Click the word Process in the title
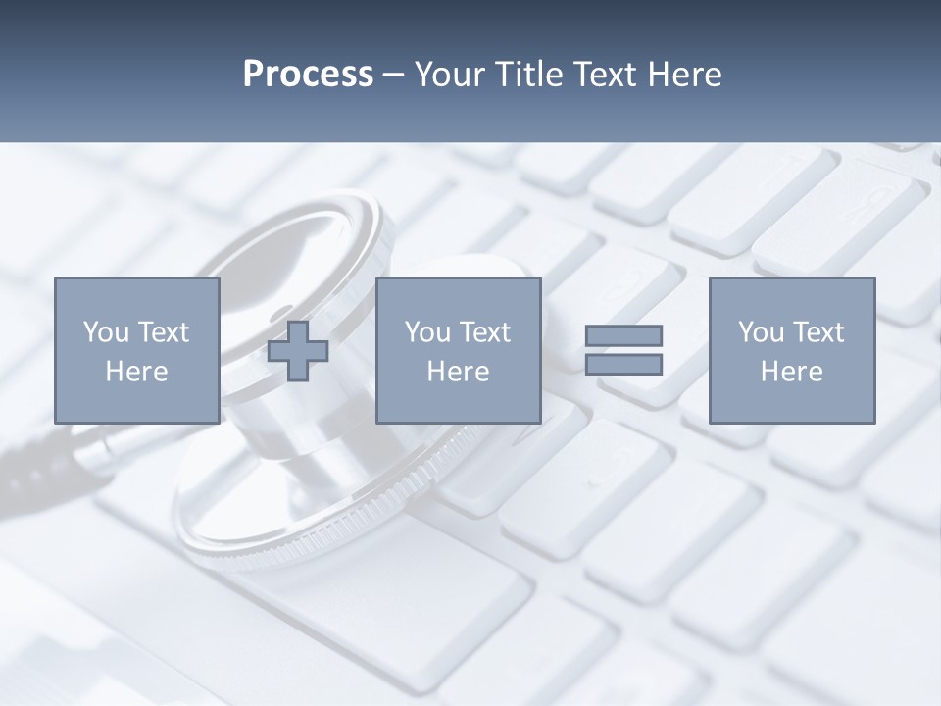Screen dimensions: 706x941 point(308,75)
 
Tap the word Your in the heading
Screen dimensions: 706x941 point(451,75)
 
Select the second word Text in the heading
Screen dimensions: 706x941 point(610,75)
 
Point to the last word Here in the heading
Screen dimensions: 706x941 point(686,75)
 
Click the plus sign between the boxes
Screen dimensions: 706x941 point(298,351)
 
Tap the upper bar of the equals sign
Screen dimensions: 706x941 point(623,335)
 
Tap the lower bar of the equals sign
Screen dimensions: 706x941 point(623,364)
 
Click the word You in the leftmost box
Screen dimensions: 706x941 point(106,332)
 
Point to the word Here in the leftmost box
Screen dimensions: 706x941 point(136,372)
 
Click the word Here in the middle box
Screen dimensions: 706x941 point(458,372)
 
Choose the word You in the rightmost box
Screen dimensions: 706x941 point(761,332)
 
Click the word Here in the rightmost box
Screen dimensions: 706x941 point(791,372)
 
